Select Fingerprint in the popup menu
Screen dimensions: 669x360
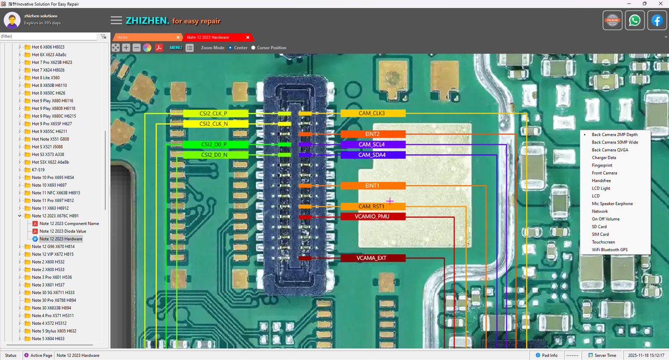(x=602, y=165)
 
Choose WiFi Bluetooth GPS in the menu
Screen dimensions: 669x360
(x=609, y=250)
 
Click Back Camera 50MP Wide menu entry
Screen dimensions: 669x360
(x=615, y=142)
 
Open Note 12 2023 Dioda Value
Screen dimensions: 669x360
(x=63, y=231)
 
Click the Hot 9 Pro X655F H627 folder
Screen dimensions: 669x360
(x=52, y=123)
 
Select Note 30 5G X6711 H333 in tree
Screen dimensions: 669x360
(x=53, y=292)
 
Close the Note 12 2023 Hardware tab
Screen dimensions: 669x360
(x=247, y=37)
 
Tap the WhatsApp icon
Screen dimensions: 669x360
(x=634, y=20)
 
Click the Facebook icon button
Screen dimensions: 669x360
(x=657, y=20)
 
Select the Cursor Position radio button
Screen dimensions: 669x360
(x=253, y=48)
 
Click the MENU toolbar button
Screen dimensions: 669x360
(x=176, y=48)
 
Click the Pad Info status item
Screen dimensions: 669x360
(x=546, y=355)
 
